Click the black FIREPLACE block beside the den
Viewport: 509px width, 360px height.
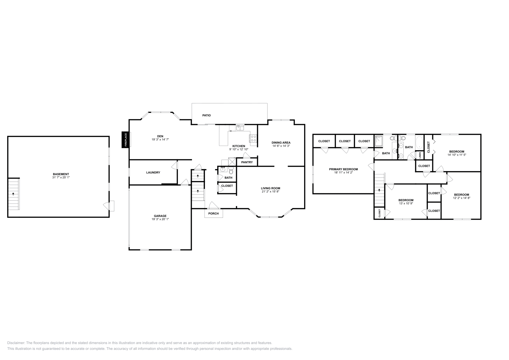pyautogui.click(x=125, y=140)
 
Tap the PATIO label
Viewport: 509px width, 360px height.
pyautogui.click(x=206, y=115)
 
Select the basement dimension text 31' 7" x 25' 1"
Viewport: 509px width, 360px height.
pyautogui.click(x=61, y=177)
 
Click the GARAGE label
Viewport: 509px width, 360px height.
pyautogui.click(x=160, y=216)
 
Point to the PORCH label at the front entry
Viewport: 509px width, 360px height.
pyautogui.click(x=213, y=213)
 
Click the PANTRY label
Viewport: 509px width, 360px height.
pyautogui.click(x=247, y=162)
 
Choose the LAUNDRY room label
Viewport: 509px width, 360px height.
pyautogui.click(x=153, y=172)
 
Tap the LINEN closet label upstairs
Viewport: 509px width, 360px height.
pyautogui.click(x=420, y=155)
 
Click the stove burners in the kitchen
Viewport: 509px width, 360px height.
pyautogui.click(x=254, y=138)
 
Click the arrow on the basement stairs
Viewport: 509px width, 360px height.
pyautogui.click(x=13, y=194)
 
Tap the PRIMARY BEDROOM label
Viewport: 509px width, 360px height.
pyautogui.click(x=343, y=169)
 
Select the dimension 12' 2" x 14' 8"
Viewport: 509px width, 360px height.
pyautogui.click(x=461, y=198)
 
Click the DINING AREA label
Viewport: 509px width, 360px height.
pyautogui.click(x=281, y=142)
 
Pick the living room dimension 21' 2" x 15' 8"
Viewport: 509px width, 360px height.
pyautogui.click(x=270, y=191)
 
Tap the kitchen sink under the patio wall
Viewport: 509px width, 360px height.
pyautogui.click(x=240, y=128)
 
